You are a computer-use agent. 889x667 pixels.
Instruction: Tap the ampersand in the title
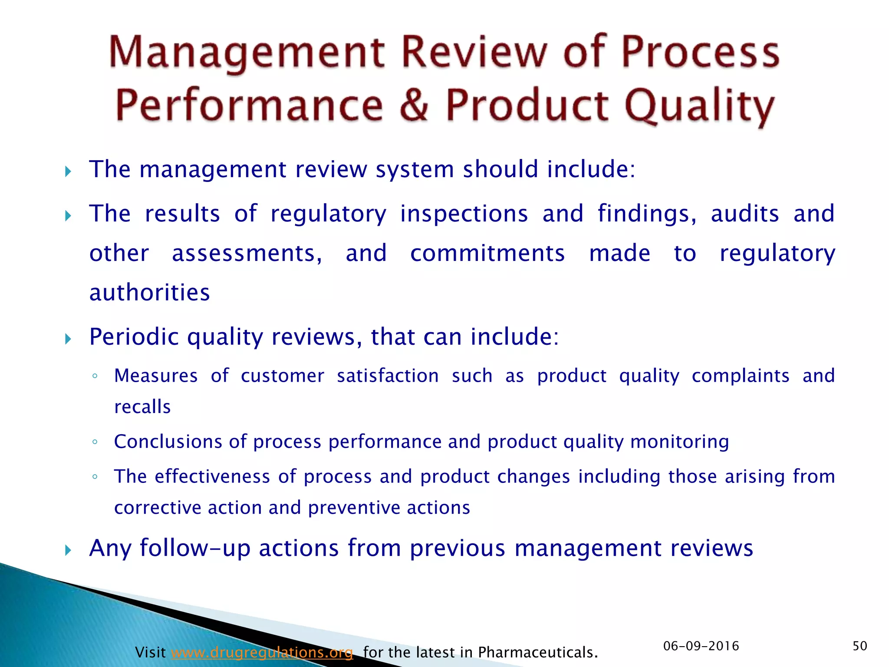414,106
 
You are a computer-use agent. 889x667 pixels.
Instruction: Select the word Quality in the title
699,106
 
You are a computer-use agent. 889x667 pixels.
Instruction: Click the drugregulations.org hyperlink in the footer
262,652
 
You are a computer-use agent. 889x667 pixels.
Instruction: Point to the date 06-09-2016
701,646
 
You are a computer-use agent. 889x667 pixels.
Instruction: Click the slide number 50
859,646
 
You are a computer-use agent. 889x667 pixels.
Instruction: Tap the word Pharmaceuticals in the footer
537,652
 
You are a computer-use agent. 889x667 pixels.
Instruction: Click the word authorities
149,292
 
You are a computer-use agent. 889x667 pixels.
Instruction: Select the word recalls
142,407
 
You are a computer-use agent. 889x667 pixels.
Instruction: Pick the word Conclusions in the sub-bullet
168,442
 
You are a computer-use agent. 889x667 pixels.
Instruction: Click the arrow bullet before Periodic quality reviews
68,339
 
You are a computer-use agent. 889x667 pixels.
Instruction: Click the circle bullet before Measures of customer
95,376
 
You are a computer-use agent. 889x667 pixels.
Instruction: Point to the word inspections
464,214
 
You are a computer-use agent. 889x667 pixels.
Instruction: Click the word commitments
487,253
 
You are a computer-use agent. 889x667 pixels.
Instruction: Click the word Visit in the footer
150,652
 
